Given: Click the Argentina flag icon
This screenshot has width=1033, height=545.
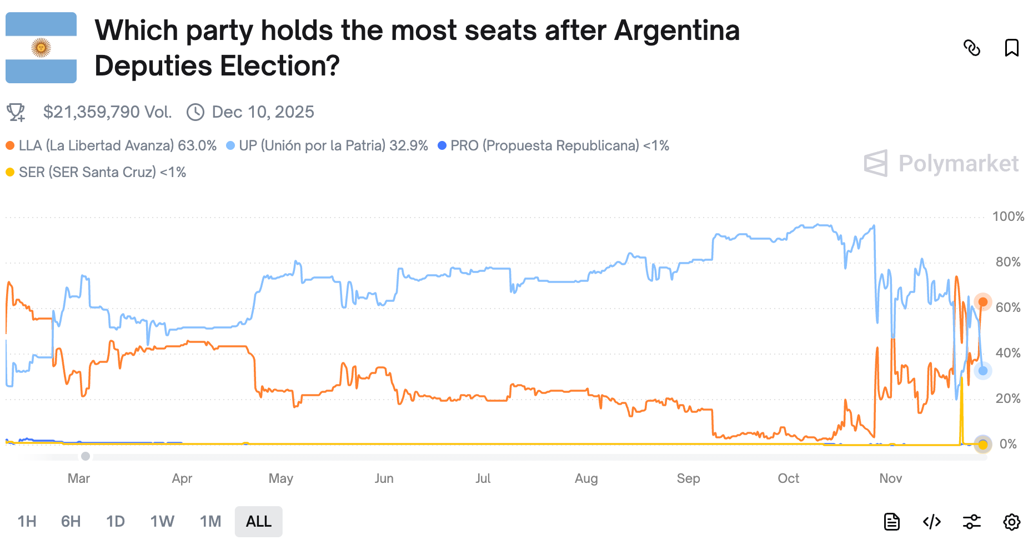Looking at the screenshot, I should (41, 48).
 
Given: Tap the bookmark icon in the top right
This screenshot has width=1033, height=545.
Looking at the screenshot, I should (1011, 48).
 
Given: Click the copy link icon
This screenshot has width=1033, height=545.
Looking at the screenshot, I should (971, 48).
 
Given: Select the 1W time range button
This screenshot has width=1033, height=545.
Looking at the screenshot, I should (162, 522).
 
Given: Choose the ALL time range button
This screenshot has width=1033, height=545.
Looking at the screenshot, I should (258, 522).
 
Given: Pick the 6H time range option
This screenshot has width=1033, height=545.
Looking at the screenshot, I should (71, 522).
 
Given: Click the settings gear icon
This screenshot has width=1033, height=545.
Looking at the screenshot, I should (1011, 522).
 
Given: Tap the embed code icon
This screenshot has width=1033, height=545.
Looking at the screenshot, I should (931, 522).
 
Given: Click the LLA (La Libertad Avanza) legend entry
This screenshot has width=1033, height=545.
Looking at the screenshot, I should (111, 145).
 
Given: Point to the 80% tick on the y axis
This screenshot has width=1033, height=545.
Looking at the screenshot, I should (1007, 262).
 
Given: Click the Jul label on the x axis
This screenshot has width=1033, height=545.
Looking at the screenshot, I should (483, 478).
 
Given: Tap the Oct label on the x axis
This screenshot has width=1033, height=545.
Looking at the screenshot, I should (788, 478).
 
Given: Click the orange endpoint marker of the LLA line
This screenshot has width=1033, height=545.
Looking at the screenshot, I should (982, 302).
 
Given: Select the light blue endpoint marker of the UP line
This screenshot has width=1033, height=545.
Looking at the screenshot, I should (982, 370).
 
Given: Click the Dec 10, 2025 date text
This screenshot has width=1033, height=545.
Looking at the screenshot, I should (263, 112).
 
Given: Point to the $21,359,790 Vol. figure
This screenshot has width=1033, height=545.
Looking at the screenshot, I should (107, 112).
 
